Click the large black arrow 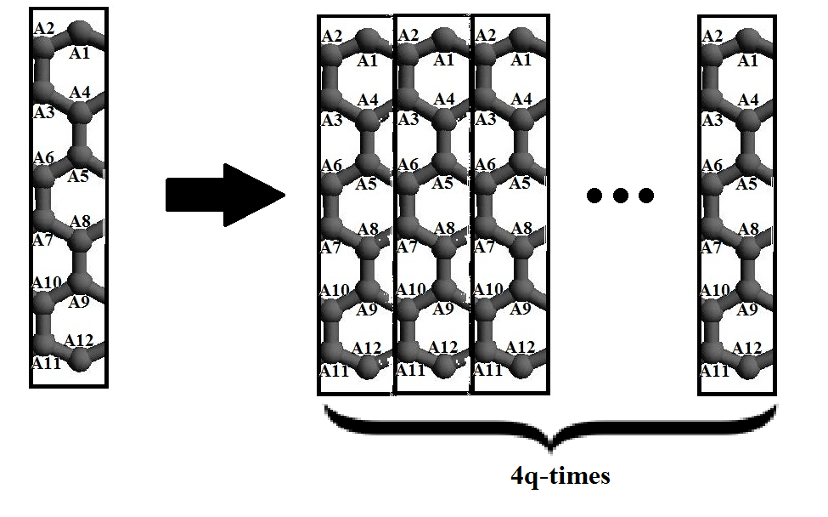click(x=222, y=196)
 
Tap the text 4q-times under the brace click(x=560, y=475)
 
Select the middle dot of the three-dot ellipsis click(x=620, y=196)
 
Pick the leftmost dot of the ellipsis click(x=594, y=196)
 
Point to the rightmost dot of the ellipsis click(x=646, y=196)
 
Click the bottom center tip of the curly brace click(x=550, y=448)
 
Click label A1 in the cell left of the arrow click(x=79, y=54)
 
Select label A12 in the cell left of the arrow click(x=78, y=341)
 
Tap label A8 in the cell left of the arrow click(x=80, y=222)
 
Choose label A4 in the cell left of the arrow click(x=81, y=92)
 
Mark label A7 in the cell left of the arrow click(x=42, y=241)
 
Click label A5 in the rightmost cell click(x=746, y=185)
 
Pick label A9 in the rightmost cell click(x=746, y=310)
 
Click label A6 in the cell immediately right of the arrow click(x=331, y=164)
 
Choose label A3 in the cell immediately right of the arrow click(x=331, y=120)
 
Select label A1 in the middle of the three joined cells click(x=443, y=60)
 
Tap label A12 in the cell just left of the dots click(x=520, y=348)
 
